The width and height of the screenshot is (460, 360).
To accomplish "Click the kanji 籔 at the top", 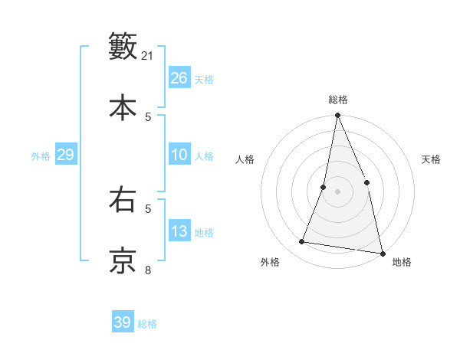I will [x=123, y=46].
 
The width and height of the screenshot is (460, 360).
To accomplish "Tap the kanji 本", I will [x=123, y=106].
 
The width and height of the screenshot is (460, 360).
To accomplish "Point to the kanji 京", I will [x=123, y=260].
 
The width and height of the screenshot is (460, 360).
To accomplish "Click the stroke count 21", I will [x=148, y=56].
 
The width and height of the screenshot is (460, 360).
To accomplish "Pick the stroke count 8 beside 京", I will [x=148, y=270].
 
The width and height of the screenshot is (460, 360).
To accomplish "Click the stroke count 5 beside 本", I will [x=148, y=116].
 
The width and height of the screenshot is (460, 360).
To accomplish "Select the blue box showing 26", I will [x=179, y=78].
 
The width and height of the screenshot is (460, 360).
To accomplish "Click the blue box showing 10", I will [x=179, y=155].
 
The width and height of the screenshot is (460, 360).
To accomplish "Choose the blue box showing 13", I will [x=179, y=231].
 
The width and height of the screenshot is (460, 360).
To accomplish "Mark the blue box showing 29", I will [x=65, y=155].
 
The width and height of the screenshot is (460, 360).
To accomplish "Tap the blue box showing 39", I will [x=122, y=322].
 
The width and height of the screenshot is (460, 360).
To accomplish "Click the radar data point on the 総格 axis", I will [x=337, y=116].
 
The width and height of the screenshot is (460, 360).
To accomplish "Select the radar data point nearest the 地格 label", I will [x=382, y=253].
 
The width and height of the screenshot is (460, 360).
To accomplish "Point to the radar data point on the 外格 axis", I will [x=302, y=242].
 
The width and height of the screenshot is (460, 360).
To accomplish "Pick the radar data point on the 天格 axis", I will [x=366, y=182].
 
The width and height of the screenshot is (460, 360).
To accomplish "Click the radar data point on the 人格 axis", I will [x=324, y=187].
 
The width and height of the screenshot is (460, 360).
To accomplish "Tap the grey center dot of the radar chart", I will [x=337, y=191].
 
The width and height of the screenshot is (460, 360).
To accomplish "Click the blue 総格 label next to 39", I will [x=147, y=324].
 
